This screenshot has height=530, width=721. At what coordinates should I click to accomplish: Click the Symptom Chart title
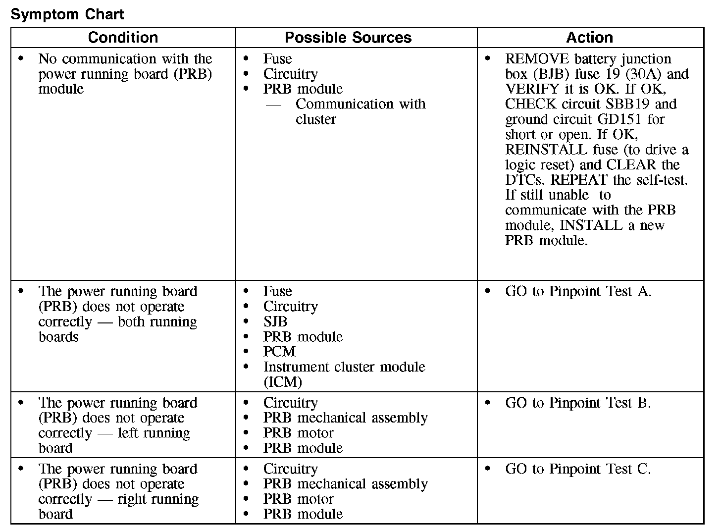click(x=67, y=14)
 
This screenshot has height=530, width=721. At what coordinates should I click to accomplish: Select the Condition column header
click(x=123, y=38)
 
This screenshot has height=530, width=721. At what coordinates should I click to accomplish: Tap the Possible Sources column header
click(x=348, y=38)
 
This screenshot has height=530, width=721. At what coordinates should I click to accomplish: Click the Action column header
click(x=589, y=38)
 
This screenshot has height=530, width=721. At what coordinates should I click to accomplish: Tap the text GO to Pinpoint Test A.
click(x=578, y=291)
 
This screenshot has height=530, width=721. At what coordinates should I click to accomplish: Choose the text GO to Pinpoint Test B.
click(x=578, y=403)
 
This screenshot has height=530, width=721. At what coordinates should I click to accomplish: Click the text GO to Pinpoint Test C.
click(x=578, y=469)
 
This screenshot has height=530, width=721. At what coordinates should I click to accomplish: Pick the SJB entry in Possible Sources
click(x=275, y=321)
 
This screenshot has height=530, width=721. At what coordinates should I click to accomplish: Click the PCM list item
click(x=279, y=352)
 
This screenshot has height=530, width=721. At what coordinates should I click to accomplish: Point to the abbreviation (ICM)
click(x=282, y=382)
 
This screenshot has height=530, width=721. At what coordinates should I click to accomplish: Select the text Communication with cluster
click(x=360, y=111)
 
